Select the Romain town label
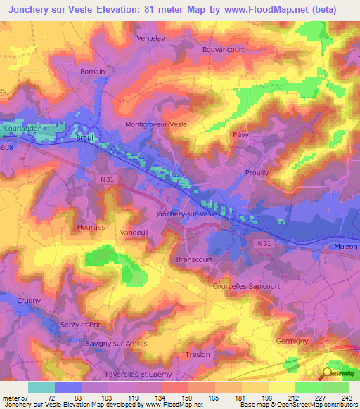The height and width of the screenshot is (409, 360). click(93, 72)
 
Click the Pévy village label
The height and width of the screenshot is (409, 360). click(240, 134)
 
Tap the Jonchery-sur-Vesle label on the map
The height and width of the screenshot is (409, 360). click(186, 213)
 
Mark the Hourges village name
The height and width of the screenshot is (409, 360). click(91, 228)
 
